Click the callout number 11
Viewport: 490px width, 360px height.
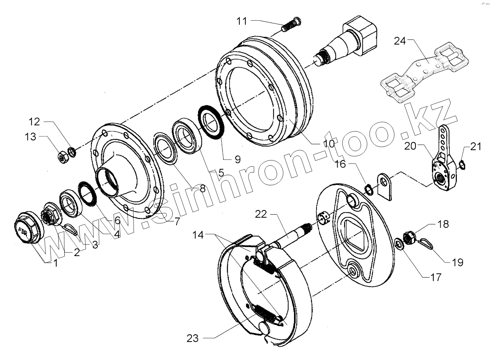pyautogui.click(x=242, y=21)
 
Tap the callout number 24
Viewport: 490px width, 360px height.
pyautogui.click(x=399, y=41)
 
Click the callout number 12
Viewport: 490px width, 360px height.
pyautogui.click(x=35, y=122)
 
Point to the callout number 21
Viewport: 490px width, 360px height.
pyautogui.click(x=476, y=147)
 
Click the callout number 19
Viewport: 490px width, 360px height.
pyautogui.click(x=458, y=262)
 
